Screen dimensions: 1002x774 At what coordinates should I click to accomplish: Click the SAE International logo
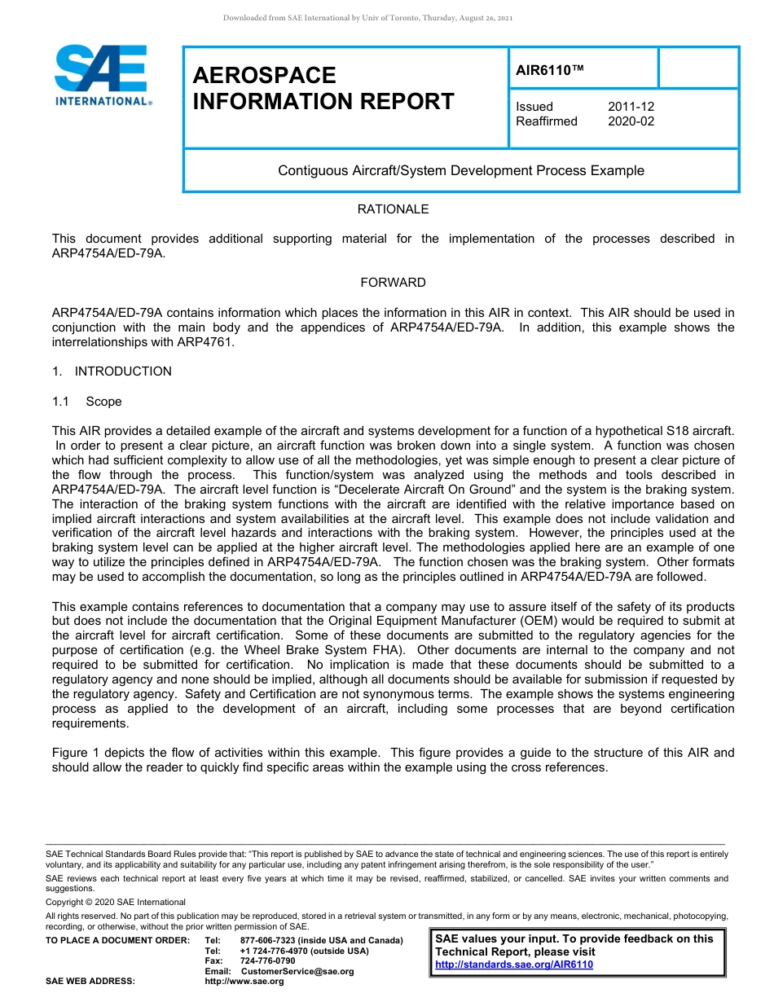(x=102, y=75)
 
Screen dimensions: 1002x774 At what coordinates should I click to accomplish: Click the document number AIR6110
(x=550, y=71)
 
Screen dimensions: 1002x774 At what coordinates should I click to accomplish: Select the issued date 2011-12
(x=631, y=107)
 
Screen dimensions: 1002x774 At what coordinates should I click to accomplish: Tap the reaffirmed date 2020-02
(x=631, y=121)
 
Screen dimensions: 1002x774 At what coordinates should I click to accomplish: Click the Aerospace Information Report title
(x=323, y=88)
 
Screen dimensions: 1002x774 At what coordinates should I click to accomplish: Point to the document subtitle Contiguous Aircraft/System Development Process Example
(x=460, y=170)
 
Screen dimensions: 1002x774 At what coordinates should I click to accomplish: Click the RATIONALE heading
(x=393, y=209)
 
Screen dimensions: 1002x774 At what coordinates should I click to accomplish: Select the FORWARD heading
(x=393, y=283)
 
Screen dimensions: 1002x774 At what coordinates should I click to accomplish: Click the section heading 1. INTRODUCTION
(x=112, y=371)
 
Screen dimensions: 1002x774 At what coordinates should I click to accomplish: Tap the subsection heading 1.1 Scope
(x=87, y=402)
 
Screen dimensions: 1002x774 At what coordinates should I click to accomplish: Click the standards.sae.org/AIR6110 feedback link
(x=514, y=965)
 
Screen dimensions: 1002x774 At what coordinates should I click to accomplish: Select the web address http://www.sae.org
(x=244, y=982)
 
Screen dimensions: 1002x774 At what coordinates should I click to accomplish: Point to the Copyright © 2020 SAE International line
(x=116, y=902)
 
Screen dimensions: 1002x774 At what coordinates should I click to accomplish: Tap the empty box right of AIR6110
(x=697, y=68)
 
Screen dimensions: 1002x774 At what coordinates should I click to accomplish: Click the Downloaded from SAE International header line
(x=367, y=18)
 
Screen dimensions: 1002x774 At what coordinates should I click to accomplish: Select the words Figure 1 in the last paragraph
(x=73, y=753)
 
